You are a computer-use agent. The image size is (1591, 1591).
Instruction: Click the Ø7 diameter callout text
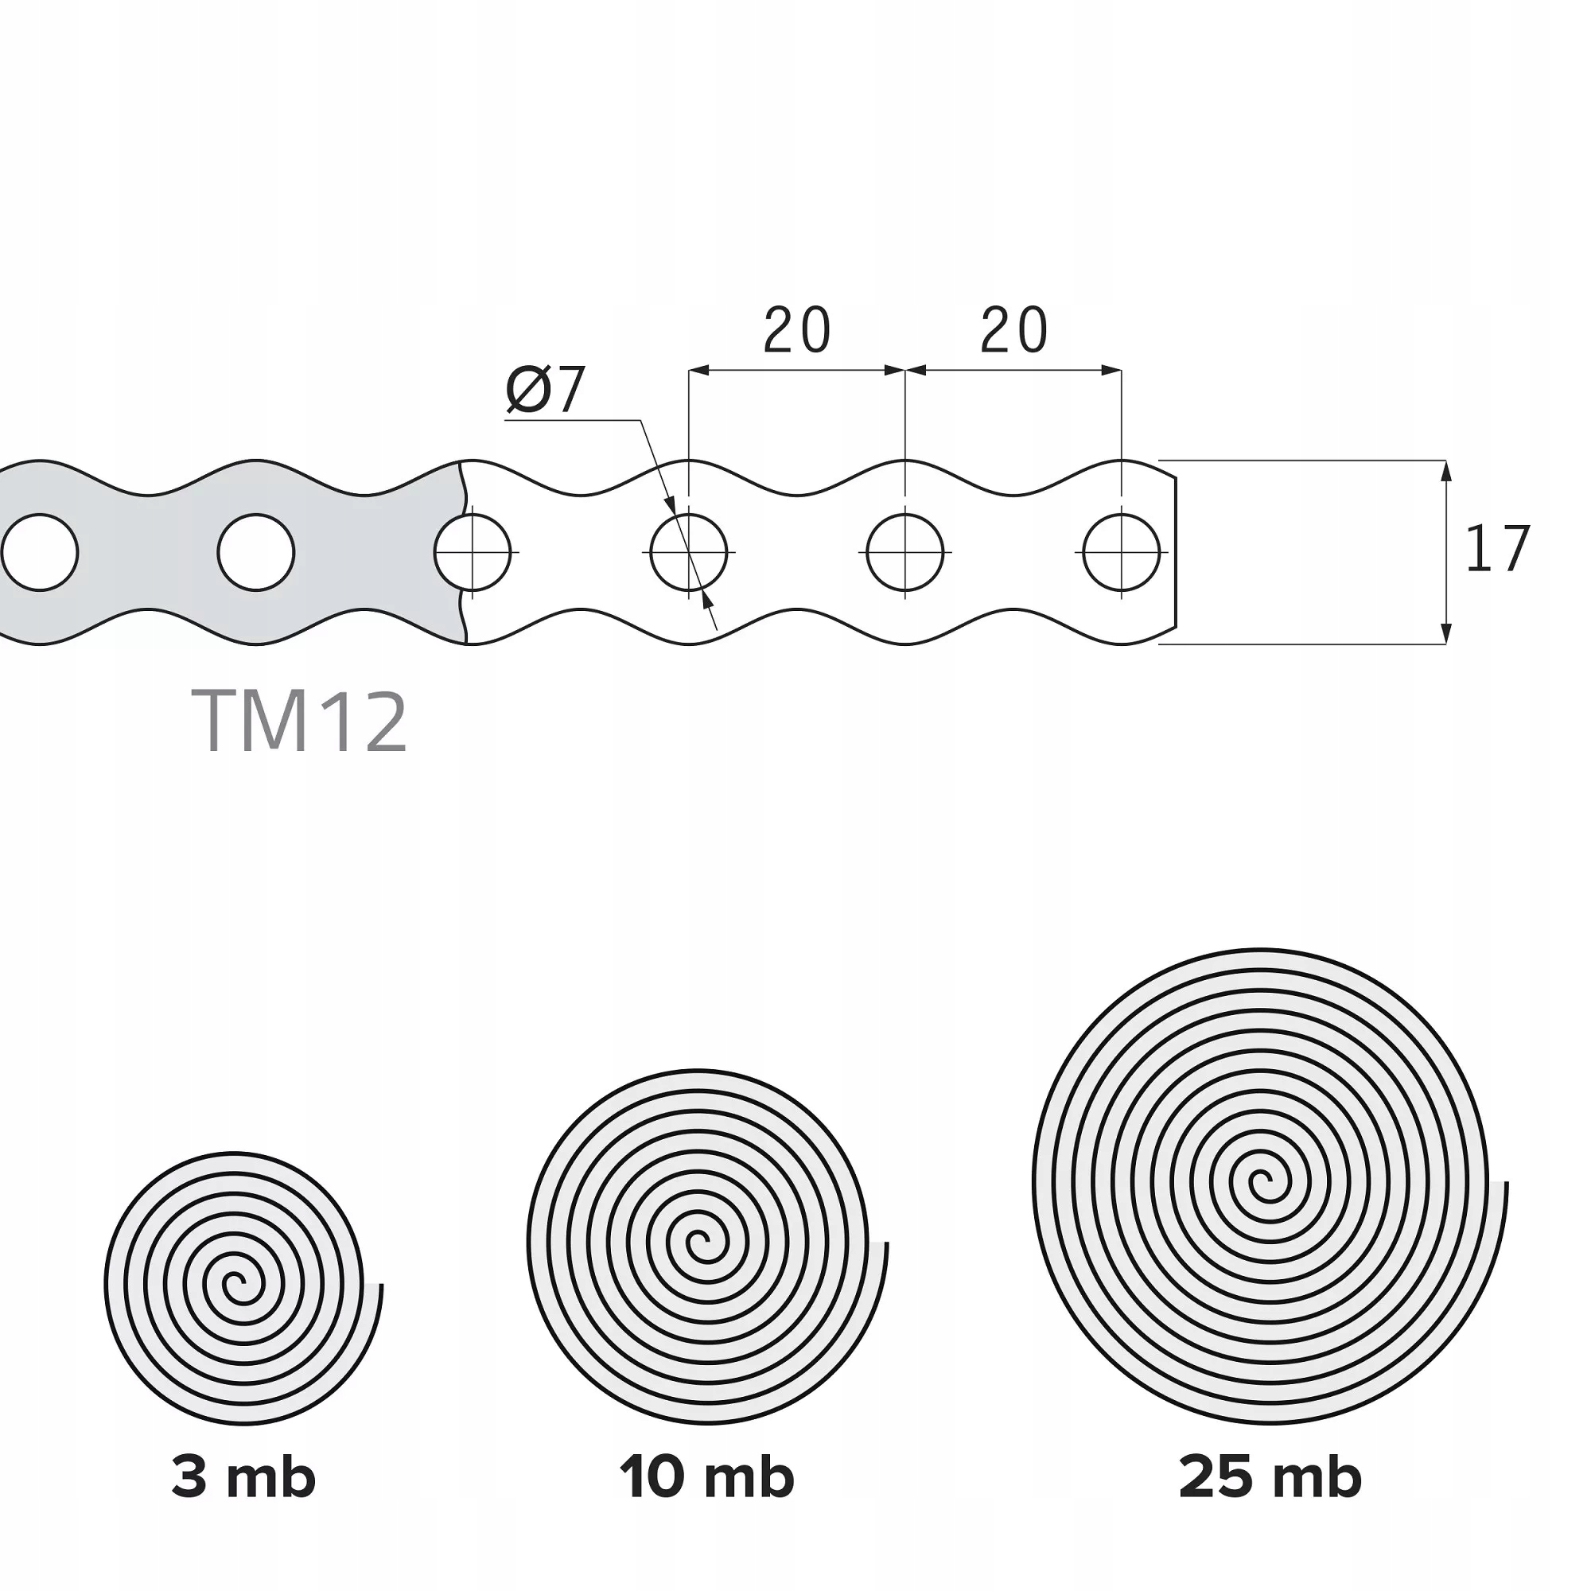click(546, 389)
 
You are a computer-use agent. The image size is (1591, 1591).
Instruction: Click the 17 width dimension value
click(1498, 549)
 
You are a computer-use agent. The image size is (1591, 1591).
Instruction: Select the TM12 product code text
click(300, 722)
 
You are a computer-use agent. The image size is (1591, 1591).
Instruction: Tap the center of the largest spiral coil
click(1261, 1187)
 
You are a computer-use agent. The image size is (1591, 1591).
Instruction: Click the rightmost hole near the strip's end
click(1122, 553)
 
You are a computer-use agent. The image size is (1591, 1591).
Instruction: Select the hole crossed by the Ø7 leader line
click(688, 553)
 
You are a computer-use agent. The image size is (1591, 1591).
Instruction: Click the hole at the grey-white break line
click(473, 553)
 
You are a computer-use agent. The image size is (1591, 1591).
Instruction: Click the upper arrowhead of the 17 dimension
click(1447, 471)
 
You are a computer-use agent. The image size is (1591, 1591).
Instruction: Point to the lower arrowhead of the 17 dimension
click(1447, 634)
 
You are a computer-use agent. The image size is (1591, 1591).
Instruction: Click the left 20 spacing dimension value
click(796, 331)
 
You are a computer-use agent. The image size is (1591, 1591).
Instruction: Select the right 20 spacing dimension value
click(1013, 331)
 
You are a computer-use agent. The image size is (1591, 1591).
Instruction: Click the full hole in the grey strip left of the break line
click(256, 553)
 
